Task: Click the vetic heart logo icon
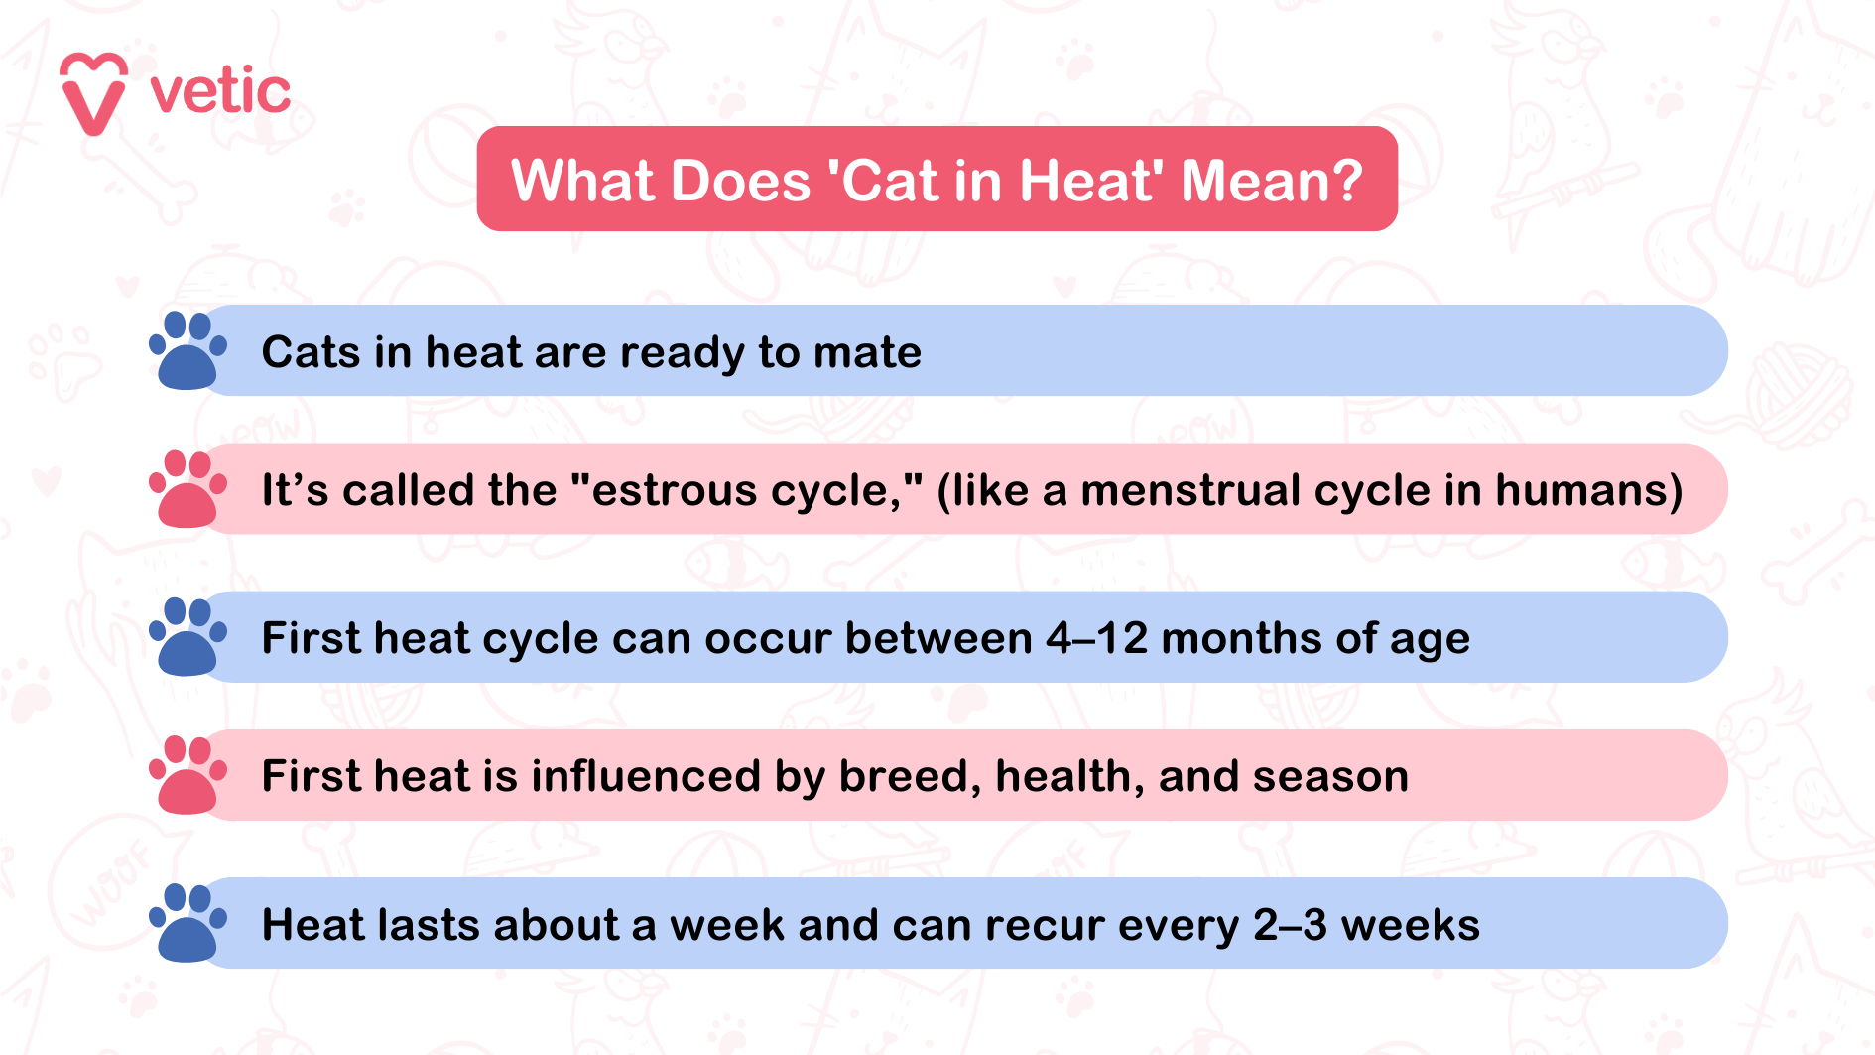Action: click(x=93, y=93)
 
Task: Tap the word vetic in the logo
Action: click(x=220, y=92)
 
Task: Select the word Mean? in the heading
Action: click(x=1272, y=181)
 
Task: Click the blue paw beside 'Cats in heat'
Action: click(x=187, y=350)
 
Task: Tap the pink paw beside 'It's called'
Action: click(x=187, y=488)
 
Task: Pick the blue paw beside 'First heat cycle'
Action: click(x=187, y=636)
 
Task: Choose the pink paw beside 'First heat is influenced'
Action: click(x=187, y=775)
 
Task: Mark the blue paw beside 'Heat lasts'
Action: click(x=187, y=923)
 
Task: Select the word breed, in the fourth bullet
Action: click(x=910, y=776)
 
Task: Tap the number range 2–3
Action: click(x=1290, y=925)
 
